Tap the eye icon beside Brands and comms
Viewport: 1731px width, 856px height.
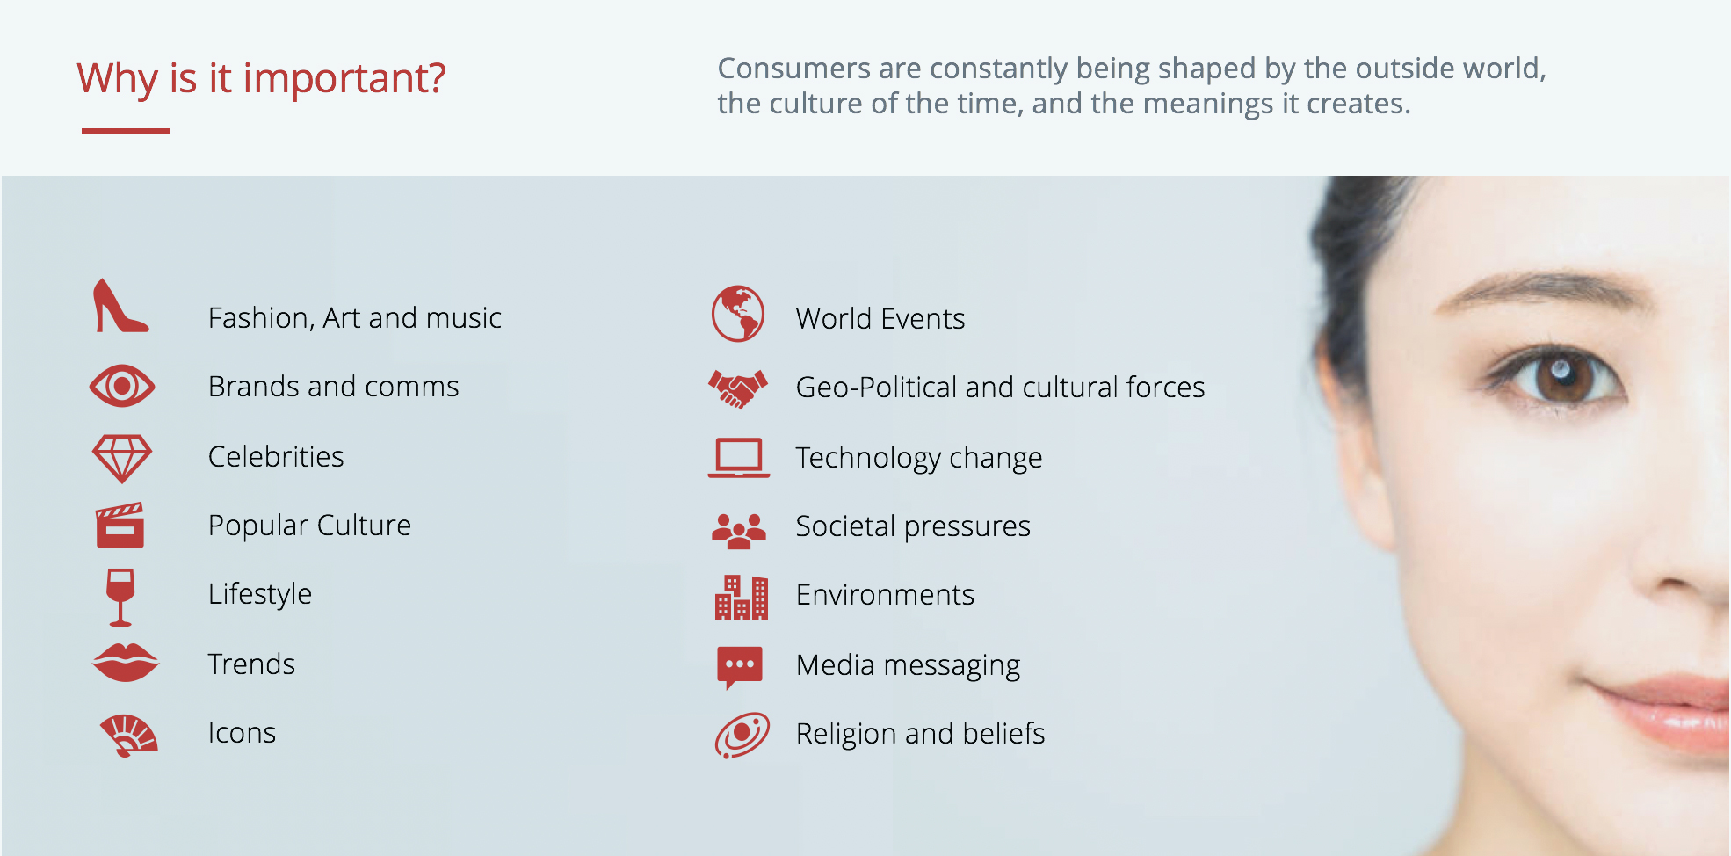(x=122, y=386)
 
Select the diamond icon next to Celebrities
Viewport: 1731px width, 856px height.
(x=122, y=458)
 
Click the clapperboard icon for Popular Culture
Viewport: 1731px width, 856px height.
(x=120, y=525)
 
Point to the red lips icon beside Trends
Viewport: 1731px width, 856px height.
(x=126, y=663)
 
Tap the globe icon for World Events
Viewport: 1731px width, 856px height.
(x=738, y=314)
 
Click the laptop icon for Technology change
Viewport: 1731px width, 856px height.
(x=739, y=458)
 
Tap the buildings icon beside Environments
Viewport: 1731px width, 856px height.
(x=741, y=598)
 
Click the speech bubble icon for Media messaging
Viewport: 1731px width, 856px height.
(x=740, y=667)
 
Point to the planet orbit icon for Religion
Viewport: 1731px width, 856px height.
(x=742, y=735)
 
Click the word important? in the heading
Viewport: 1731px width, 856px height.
(x=344, y=79)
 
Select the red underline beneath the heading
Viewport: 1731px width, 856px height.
(x=126, y=131)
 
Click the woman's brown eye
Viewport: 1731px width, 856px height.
(x=1561, y=375)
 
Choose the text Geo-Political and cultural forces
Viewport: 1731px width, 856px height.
(x=1000, y=388)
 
